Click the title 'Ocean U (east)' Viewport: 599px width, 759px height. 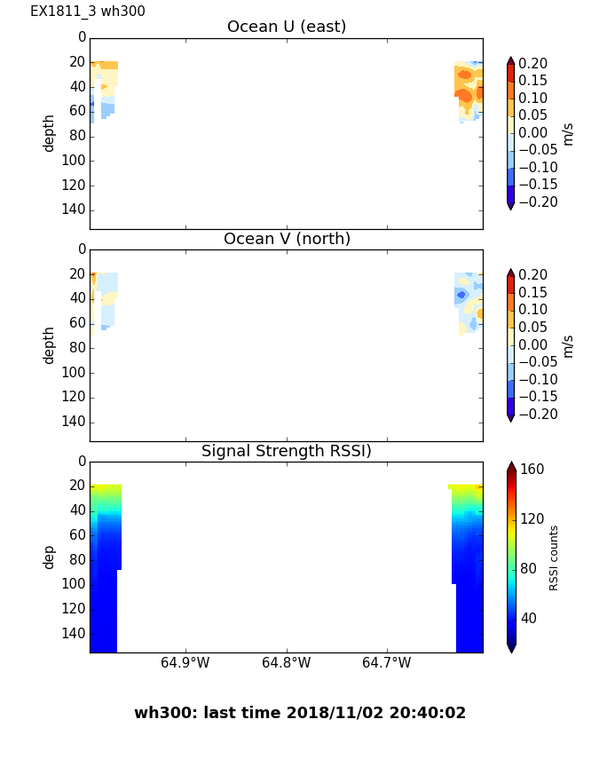coord(286,28)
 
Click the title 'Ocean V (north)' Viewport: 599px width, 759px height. coord(286,240)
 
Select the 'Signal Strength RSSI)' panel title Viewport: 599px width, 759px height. coord(286,452)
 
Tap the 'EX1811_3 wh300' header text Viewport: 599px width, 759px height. coord(88,12)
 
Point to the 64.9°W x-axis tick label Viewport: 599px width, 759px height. coord(185,663)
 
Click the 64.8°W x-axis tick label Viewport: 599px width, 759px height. coord(286,663)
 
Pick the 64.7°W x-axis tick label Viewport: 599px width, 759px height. coord(386,663)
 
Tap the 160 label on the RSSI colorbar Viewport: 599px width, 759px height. coord(532,470)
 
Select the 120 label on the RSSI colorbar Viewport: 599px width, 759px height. coord(532,519)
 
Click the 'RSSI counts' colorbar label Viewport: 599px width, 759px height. coord(555,557)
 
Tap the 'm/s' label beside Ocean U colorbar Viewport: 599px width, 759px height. coord(568,133)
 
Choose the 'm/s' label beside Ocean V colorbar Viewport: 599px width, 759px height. coord(568,345)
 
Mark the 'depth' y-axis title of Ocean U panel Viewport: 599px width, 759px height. coord(50,133)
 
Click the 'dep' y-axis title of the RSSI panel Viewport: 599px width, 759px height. coord(50,557)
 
